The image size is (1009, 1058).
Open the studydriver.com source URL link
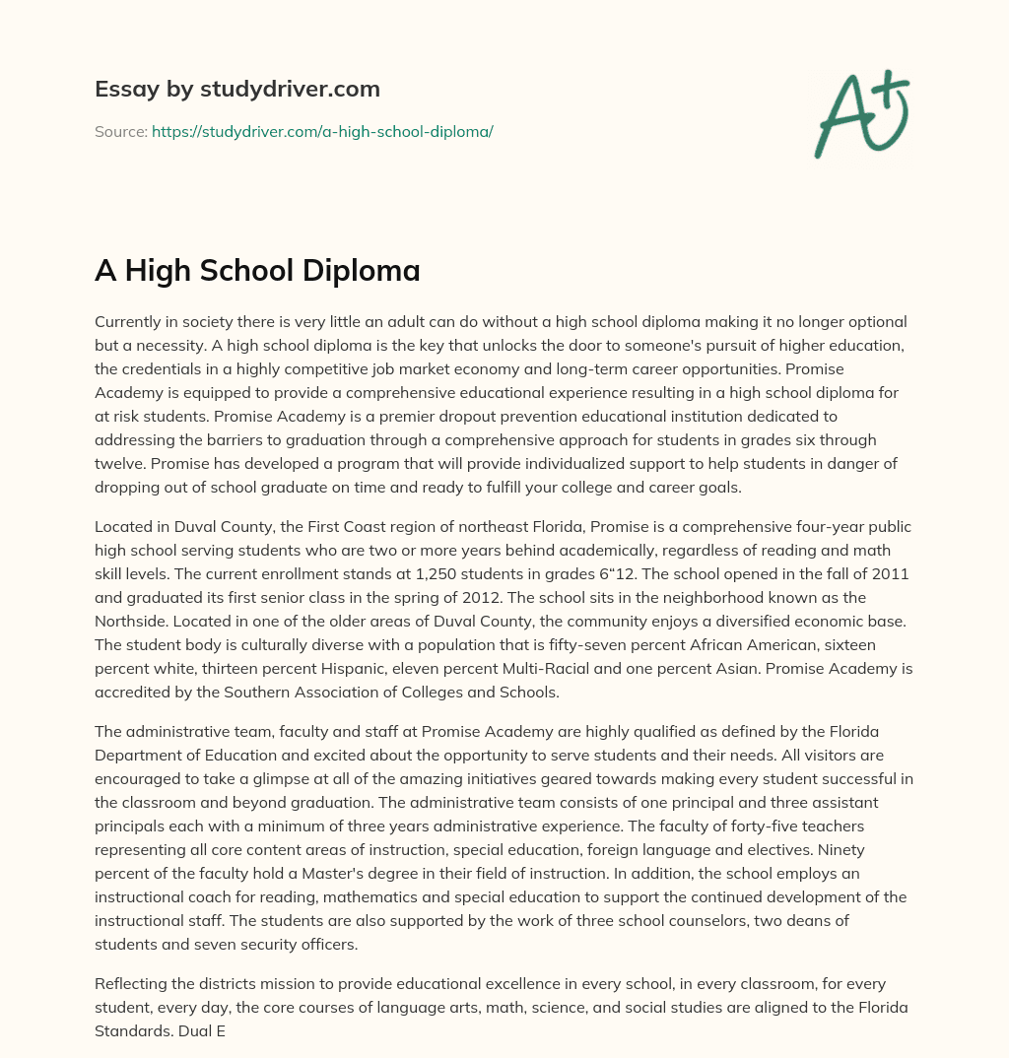(322, 131)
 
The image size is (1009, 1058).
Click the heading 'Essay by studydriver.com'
(236, 89)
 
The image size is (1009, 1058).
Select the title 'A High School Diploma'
(257, 271)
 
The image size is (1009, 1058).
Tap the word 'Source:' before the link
(120, 131)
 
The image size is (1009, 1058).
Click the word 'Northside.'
(134, 620)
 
